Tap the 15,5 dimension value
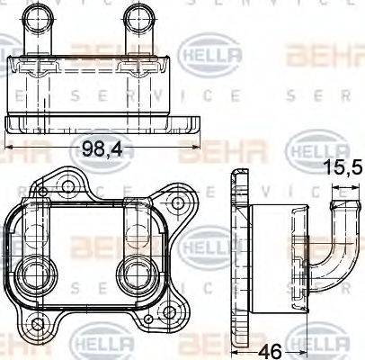[344, 167]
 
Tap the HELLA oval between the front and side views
[212, 243]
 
